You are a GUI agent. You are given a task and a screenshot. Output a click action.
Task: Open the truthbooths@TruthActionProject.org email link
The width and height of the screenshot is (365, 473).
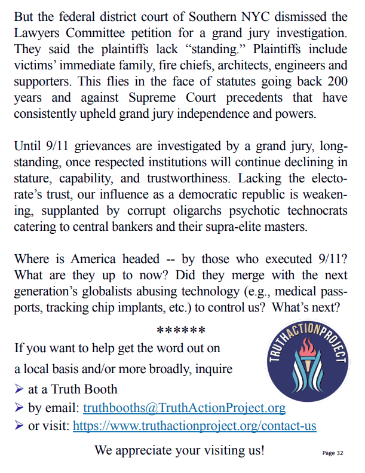coord(184,408)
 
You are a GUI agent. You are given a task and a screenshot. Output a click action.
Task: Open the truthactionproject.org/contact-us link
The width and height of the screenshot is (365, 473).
coord(195,426)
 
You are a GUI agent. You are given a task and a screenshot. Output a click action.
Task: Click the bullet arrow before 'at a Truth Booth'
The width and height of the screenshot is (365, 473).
coord(19,389)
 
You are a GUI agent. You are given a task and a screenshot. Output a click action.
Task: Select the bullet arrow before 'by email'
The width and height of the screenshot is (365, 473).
coord(19,408)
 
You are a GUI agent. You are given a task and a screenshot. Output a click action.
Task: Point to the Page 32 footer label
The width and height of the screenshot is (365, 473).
coord(333,453)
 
